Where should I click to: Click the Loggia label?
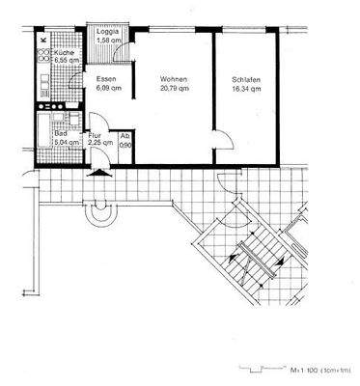pos(108,31)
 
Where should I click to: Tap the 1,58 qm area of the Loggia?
pos(108,40)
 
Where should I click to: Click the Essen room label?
pos(105,78)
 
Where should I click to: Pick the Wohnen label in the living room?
pos(174,78)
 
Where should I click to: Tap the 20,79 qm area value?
pos(174,87)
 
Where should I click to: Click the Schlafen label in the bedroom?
pos(247,78)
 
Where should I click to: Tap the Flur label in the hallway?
pos(95,136)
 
